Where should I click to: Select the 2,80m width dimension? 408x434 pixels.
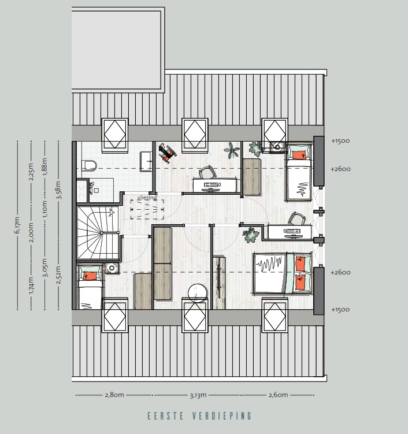tap(114, 395)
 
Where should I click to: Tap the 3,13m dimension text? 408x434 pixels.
tap(198, 395)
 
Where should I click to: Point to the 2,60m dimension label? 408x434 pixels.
tap(278, 395)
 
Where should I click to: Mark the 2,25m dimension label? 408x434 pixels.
tap(31, 172)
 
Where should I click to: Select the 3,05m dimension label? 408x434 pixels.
tap(45, 269)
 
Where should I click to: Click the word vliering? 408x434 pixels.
tap(147, 198)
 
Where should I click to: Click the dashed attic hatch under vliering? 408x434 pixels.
tap(147, 209)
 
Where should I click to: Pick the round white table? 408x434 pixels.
tap(198, 294)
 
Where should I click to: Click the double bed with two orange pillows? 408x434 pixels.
tap(282, 273)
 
